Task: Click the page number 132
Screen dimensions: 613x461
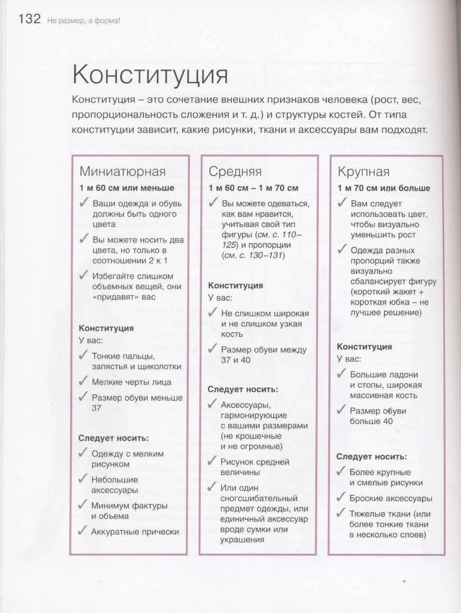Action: coord(29,19)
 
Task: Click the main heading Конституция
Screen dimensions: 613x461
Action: coord(150,74)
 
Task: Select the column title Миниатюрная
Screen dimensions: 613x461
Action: coord(123,171)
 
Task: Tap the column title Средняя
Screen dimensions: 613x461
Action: coord(235,171)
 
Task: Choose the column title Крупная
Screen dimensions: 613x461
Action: coord(364,172)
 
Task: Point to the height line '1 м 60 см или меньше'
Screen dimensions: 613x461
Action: coord(127,188)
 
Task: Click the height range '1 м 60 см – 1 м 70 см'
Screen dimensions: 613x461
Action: coord(254,188)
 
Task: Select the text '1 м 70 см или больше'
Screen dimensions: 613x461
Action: coord(384,188)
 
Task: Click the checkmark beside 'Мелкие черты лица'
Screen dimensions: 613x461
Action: coord(83,381)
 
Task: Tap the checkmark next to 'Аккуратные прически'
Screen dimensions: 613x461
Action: coord(83,530)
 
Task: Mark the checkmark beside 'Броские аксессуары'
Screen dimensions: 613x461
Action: coord(341,497)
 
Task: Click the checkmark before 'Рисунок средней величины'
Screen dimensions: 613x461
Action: coord(212,461)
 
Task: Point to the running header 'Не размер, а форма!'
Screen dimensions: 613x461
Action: coord(83,21)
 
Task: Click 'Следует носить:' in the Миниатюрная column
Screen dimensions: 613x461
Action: coord(113,438)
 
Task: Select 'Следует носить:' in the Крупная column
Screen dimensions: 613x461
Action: coord(371,456)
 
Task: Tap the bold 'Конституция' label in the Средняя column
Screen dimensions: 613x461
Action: coord(235,286)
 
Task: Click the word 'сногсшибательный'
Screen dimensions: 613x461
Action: coord(259,498)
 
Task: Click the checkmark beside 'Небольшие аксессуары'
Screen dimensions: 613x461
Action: coord(83,479)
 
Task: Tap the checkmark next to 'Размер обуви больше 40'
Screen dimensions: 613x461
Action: coord(341,410)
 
